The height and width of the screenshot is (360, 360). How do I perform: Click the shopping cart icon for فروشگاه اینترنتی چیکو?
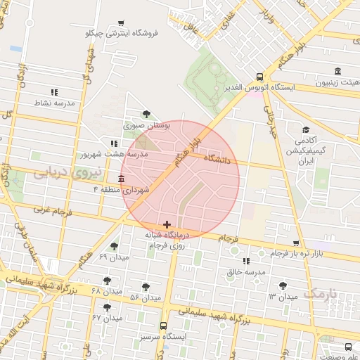click(121, 23)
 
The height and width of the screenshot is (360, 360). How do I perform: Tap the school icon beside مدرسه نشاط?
click(54, 92)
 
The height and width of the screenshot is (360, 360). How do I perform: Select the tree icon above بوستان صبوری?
click(146, 114)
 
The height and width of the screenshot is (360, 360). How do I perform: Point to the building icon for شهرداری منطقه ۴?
click(122, 179)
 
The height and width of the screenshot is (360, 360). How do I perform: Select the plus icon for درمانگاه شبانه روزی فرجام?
click(167, 225)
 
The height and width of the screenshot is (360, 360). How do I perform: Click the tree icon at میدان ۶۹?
click(114, 246)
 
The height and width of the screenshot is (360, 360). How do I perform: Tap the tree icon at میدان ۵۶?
click(146, 287)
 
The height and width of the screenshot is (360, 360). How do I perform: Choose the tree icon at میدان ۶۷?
click(107, 307)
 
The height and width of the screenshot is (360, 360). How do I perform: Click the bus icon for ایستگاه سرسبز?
click(163, 326)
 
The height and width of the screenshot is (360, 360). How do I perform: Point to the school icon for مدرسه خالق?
click(246, 262)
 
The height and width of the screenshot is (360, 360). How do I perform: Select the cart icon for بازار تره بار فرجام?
click(297, 243)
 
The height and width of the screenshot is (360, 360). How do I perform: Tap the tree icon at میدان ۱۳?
click(283, 285)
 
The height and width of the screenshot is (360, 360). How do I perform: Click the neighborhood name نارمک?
click(320, 292)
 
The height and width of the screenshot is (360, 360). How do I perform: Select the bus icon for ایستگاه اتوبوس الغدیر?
click(259, 77)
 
